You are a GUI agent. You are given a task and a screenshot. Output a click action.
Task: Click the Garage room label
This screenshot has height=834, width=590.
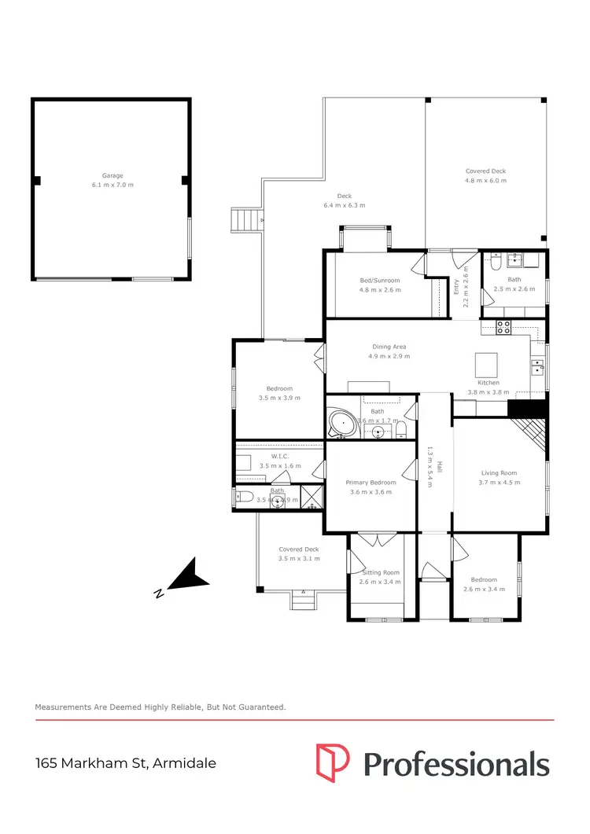[x=112, y=176]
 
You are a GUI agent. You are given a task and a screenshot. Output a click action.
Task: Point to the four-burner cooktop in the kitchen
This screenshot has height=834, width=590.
[x=503, y=325]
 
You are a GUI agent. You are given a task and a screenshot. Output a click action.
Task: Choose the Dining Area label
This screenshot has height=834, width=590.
[x=389, y=347]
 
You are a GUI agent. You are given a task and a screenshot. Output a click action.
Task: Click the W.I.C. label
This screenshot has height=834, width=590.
[x=280, y=456]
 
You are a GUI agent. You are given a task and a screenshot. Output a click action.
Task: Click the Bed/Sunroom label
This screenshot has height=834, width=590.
[x=380, y=281]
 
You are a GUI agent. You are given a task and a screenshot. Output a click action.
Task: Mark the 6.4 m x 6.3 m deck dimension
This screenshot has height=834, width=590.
[x=344, y=205]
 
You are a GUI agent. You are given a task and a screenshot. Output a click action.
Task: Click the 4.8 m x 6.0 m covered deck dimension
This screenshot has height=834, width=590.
[x=485, y=180]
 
